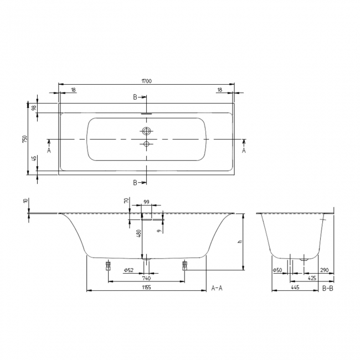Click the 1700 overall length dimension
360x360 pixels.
(x=146, y=81)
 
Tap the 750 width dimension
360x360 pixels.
(x=25, y=139)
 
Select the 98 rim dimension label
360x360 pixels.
(x=34, y=107)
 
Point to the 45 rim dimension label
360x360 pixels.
(x=34, y=158)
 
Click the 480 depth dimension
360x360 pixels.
(x=138, y=233)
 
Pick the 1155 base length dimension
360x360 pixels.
(x=146, y=287)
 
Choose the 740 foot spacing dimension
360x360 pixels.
(x=146, y=279)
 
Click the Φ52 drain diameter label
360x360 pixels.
(x=128, y=270)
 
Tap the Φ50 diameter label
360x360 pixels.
(x=277, y=270)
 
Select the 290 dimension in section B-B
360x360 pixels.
(x=324, y=270)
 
